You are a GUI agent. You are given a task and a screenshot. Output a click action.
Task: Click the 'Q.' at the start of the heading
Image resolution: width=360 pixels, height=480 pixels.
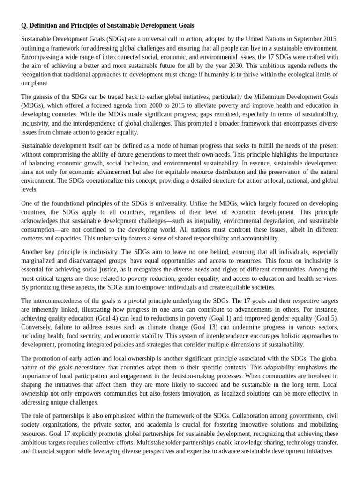[24, 25]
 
